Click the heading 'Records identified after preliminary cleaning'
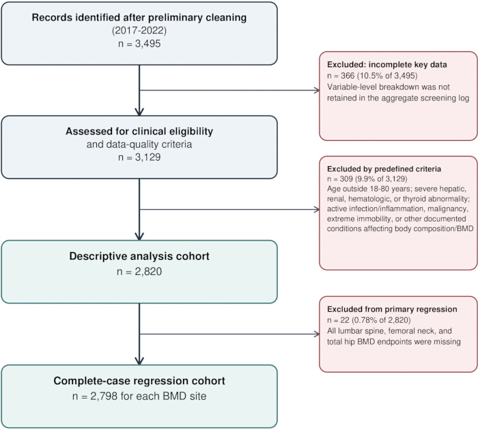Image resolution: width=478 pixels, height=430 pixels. [139, 17]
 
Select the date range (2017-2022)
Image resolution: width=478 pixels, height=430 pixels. [139, 31]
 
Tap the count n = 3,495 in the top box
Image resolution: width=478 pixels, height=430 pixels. [139, 44]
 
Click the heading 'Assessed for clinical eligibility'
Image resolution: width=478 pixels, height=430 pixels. [139, 131]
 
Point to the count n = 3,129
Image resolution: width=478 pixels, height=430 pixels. [139, 157]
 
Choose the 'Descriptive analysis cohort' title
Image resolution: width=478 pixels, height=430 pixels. [139, 256]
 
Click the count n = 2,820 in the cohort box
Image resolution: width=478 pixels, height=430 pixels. [139, 271]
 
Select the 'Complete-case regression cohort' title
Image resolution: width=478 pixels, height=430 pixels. [139, 381]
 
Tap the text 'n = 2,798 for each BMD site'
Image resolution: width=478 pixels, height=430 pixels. [139, 396]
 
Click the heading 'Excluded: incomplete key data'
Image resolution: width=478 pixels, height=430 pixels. [387, 65]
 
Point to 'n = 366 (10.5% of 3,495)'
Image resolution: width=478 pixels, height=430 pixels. [372, 75]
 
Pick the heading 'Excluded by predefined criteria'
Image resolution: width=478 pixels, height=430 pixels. [384, 169]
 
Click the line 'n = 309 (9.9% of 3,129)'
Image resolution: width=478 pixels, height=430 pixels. [367, 179]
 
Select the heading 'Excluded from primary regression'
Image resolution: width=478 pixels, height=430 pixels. [392, 309]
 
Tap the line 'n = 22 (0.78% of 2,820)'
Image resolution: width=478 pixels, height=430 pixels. [369, 320]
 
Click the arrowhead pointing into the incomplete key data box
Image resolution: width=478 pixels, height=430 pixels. [317, 90]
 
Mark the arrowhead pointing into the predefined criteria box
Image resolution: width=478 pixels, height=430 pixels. [317, 209]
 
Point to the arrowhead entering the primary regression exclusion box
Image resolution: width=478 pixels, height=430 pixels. [317, 334]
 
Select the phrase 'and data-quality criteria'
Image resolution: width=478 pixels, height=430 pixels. [139, 144]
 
